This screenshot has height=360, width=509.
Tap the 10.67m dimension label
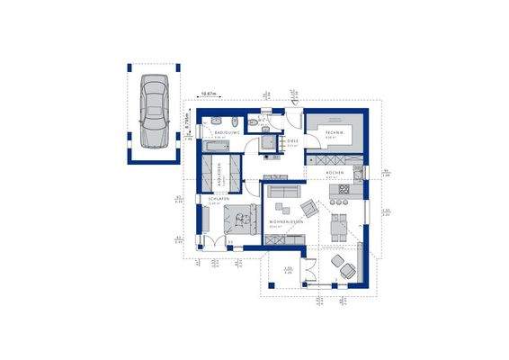(x=210, y=94)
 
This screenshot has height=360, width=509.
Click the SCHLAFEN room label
(x=217, y=199)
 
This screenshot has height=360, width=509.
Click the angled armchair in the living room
(x=308, y=208)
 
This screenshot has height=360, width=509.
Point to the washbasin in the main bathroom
(x=232, y=121)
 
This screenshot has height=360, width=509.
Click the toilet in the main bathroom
(x=254, y=124)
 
